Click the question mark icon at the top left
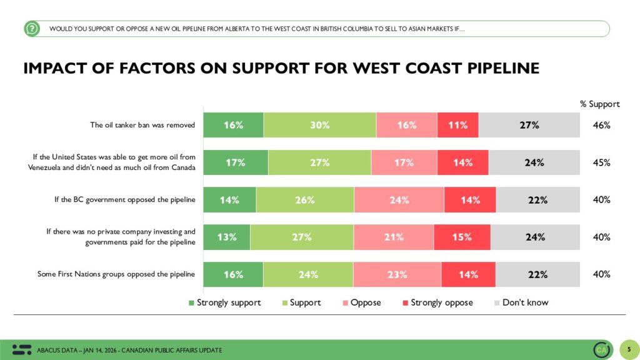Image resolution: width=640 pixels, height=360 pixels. click(x=32, y=28)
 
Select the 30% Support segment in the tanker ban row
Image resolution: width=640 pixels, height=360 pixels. click(x=319, y=125)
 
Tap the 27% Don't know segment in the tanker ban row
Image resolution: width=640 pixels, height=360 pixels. click(x=529, y=125)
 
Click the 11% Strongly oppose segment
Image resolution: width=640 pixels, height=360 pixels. click(x=457, y=125)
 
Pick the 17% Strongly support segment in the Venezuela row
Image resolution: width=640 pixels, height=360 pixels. click(x=236, y=162)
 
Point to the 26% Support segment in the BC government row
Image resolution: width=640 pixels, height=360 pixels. click(x=304, y=200)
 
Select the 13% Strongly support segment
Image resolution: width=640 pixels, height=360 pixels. click(x=227, y=237)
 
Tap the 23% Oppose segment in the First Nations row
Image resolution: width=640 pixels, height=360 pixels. click(x=397, y=274)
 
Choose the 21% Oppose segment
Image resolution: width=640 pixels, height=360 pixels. click(x=393, y=237)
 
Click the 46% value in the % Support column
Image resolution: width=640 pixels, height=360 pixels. click(x=601, y=125)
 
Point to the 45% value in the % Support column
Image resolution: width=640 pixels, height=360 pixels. click(x=601, y=162)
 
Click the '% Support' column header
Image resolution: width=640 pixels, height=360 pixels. click(x=600, y=104)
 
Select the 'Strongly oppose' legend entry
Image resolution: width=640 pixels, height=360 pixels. click(x=437, y=302)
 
